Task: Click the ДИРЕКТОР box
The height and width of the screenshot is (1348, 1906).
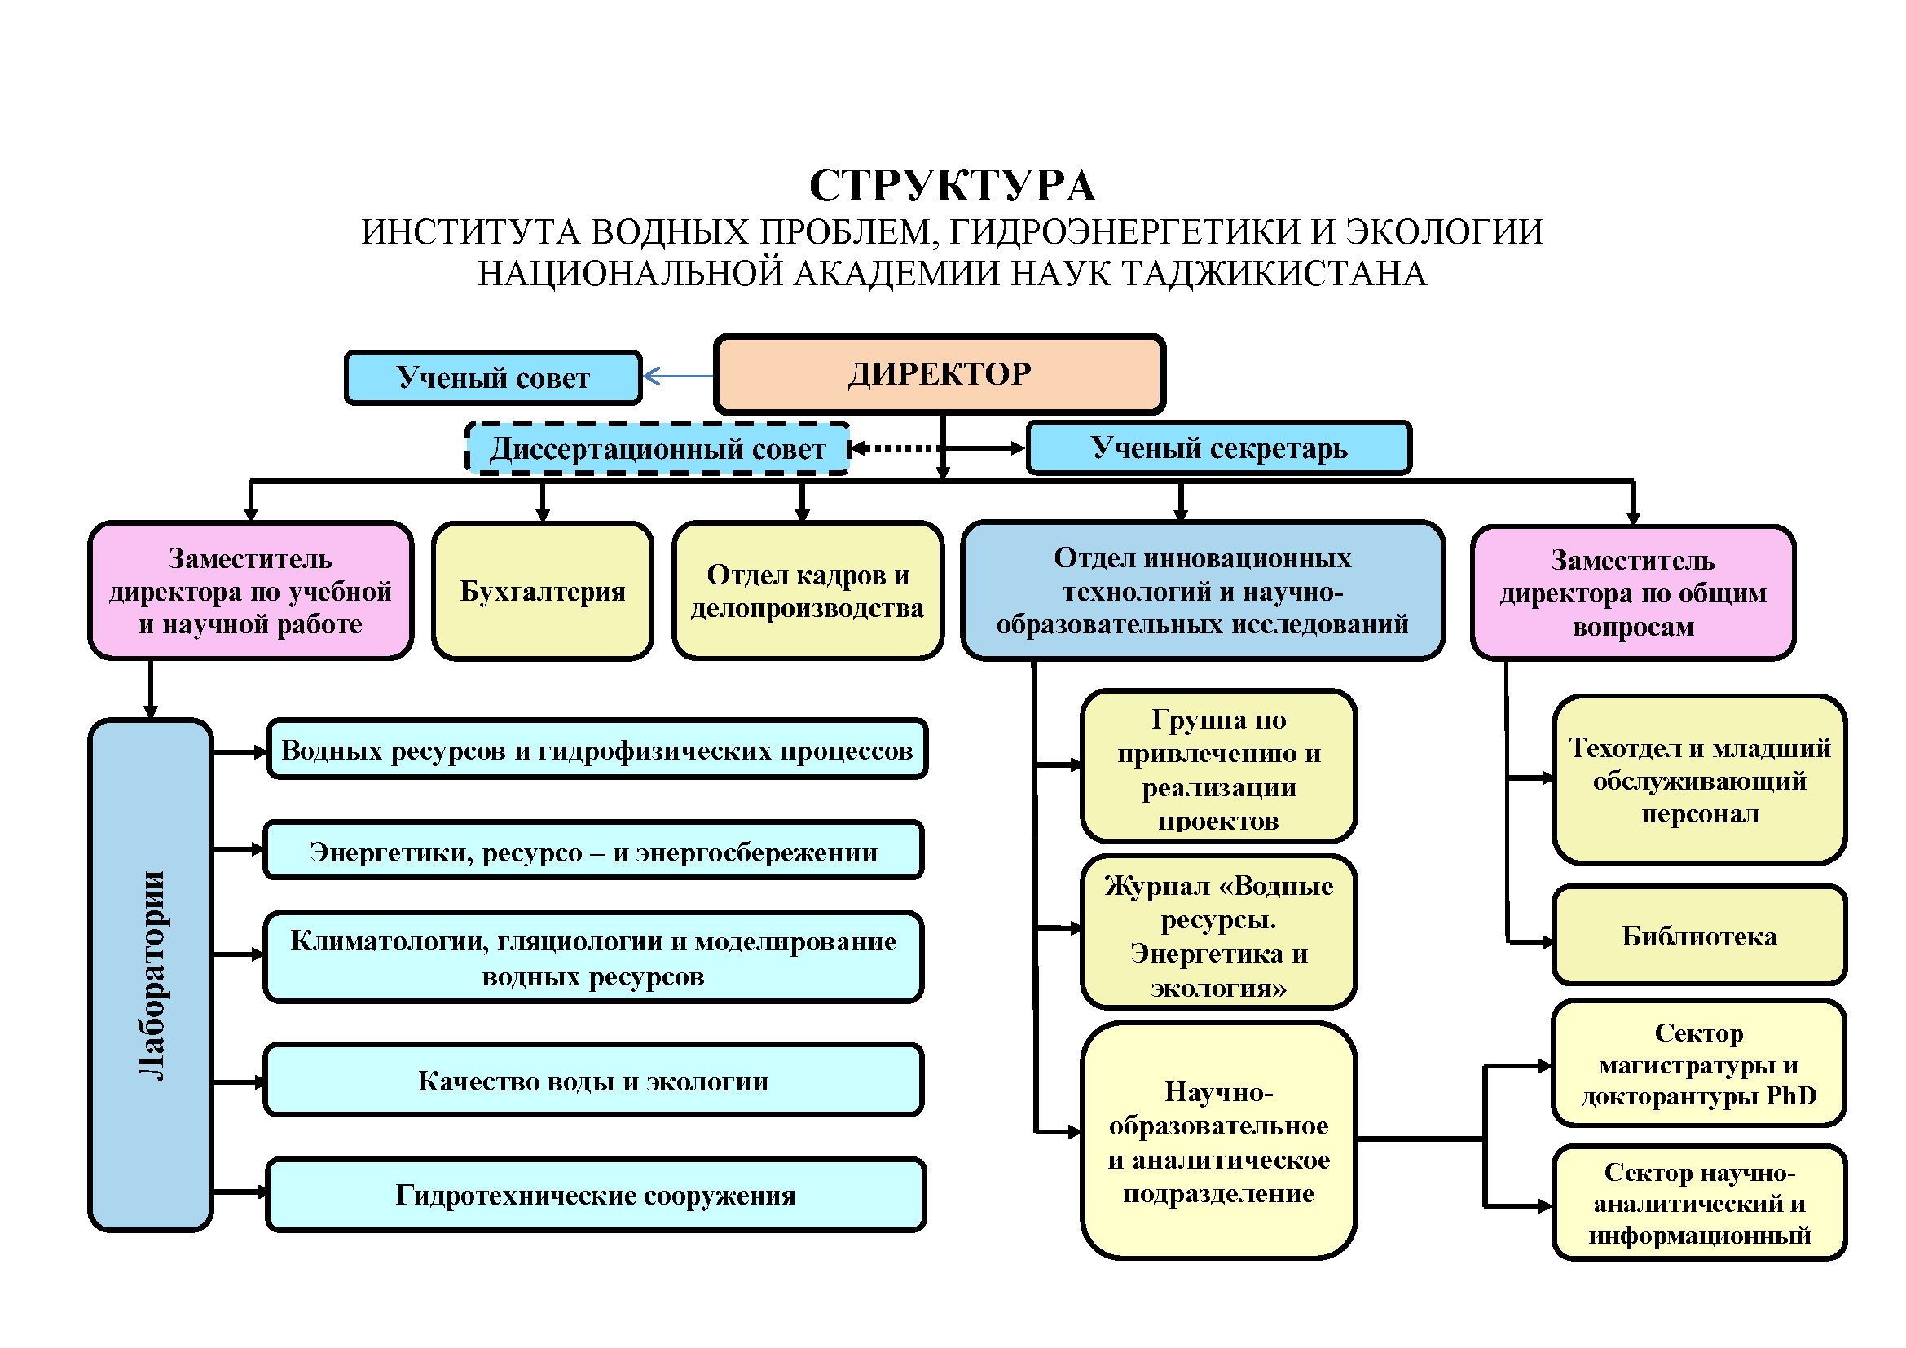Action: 940,374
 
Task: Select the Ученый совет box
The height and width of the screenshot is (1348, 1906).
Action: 493,377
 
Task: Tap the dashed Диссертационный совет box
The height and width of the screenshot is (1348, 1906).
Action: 658,449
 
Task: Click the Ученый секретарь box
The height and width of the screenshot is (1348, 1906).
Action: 1218,448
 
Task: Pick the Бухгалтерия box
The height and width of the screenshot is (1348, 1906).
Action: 542,591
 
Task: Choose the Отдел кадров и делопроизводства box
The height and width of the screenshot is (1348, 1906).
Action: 808,591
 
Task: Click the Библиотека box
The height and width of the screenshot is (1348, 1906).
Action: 1699,936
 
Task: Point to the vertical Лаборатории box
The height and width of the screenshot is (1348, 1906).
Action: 151,976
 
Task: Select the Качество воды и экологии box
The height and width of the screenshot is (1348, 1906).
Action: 592,1081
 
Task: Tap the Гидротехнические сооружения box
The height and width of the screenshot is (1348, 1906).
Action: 595,1195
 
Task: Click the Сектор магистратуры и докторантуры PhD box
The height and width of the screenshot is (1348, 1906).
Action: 1699,1064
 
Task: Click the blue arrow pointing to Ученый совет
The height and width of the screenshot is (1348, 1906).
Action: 678,376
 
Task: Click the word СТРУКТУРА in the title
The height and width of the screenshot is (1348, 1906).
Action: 952,185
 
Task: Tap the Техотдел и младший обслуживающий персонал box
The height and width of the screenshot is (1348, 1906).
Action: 1699,780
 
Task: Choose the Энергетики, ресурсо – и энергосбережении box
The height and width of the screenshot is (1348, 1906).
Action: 592,851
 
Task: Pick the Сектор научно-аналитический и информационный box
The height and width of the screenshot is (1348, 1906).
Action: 1699,1204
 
